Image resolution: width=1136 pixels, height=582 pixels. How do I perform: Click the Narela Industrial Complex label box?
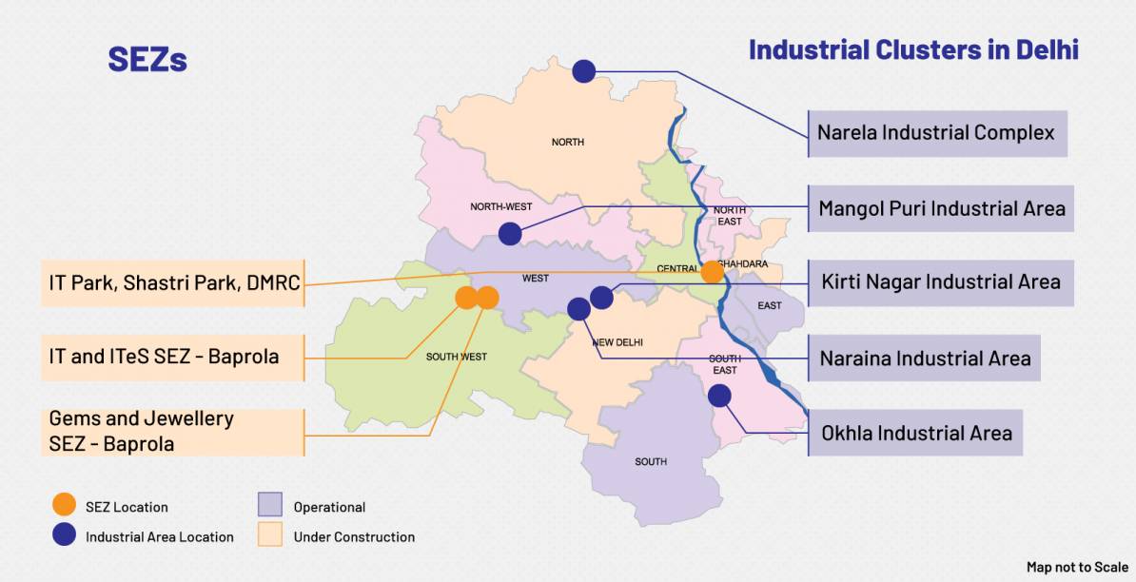click(936, 133)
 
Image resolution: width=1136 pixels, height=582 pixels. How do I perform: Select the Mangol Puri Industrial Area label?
click(941, 208)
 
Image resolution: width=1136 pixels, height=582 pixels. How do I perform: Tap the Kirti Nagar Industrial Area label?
click(940, 282)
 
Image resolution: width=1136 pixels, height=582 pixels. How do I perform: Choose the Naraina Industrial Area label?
click(924, 359)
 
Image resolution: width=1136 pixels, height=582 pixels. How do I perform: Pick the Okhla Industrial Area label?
click(915, 434)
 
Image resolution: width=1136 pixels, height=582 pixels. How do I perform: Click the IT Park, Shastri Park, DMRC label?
click(173, 282)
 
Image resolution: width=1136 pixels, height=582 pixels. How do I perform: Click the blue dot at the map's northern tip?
click(583, 70)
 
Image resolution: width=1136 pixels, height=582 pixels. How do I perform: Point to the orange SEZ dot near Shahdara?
click(713, 272)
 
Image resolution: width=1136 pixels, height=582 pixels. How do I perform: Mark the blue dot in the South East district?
click(719, 396)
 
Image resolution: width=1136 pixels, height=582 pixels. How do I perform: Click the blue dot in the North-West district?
click(510, 233)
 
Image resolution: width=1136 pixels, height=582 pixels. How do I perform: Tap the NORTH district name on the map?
click(568, 143)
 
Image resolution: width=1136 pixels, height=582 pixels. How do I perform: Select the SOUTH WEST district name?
click(457, 357)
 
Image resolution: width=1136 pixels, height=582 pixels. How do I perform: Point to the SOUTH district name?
click(651, 462)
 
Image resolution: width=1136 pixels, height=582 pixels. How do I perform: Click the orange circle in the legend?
click(65, 506)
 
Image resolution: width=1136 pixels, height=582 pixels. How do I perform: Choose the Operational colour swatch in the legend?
click(270, 506)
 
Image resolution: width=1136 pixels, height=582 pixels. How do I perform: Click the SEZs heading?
click(147, 60)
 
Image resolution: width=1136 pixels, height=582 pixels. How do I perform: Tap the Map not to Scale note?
click(1077, 567)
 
